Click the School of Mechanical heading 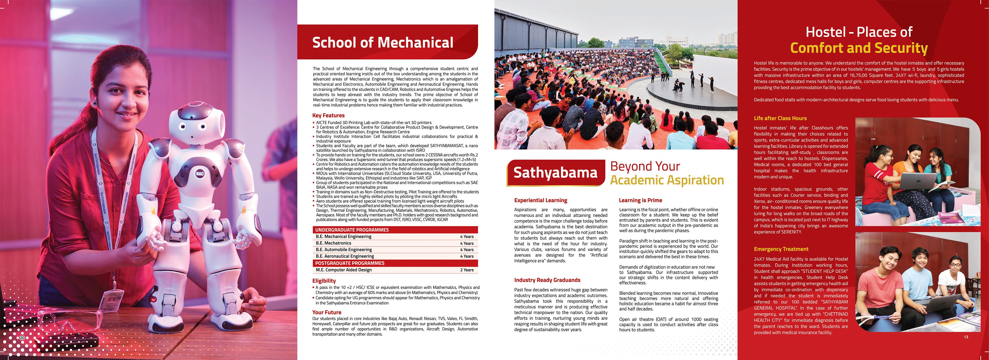[383, 42]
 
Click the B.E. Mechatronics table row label [333, 243]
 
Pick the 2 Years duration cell [467, 270]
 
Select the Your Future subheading [326, 312]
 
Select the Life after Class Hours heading [780, 118]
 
